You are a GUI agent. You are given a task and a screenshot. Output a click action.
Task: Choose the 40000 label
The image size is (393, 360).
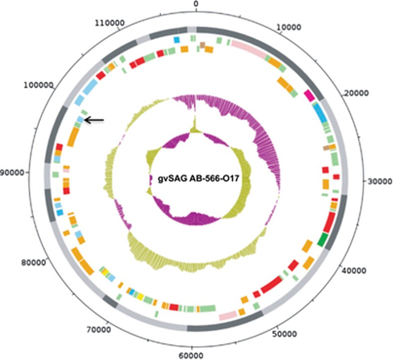pos(351,271)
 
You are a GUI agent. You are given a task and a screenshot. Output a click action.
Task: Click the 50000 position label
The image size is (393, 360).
pos(284,334)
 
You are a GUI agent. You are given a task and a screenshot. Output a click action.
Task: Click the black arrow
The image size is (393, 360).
pos(94,120)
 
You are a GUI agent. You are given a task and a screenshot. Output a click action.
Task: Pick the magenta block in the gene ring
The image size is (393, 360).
pos(309,95)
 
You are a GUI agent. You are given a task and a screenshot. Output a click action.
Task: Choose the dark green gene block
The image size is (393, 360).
pos(323,238)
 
